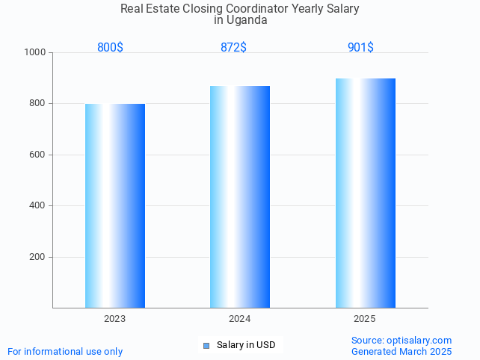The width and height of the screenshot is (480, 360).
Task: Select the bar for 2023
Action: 115,205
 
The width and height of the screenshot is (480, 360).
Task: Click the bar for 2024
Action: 240,196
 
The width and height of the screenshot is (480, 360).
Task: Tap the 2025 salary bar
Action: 365,193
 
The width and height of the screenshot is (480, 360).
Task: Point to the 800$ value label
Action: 110,48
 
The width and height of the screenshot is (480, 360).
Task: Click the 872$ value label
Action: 233,48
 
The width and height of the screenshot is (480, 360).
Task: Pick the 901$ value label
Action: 360,48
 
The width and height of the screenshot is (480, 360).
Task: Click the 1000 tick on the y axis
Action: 34,52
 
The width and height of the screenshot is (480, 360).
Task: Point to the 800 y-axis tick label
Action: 37,104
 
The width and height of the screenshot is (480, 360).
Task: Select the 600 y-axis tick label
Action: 37,155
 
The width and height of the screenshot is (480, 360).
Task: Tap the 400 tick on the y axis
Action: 37,206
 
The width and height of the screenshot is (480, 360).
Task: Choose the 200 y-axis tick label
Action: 37,257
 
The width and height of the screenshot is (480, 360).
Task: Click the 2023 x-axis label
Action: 115,319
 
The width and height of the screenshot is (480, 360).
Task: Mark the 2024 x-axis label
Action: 240,319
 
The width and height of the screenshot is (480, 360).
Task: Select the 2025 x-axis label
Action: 365,319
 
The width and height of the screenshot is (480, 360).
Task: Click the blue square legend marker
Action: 206,345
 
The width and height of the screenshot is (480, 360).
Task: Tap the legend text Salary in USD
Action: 246,345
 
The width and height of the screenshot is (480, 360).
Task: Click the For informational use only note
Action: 65,351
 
